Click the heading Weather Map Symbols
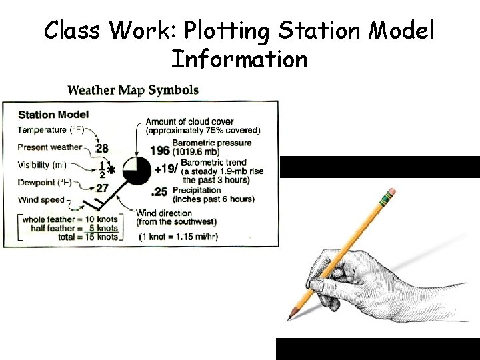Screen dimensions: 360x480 pos(133,90)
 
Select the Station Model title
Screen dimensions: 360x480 pos(53,115)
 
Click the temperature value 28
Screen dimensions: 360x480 pos(102,148)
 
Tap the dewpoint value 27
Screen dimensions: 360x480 pos(101,188)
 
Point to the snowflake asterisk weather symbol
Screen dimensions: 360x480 pos(111,171)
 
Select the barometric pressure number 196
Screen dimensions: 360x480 pos(159,151)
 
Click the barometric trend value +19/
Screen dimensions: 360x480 pos(167,169)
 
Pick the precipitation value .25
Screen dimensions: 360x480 pos(159,193)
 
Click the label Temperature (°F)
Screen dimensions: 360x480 pos(51,129)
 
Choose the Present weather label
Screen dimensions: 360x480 pos(49,147)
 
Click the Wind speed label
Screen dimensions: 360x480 pos(41,199)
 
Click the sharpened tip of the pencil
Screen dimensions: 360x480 pos(290,317)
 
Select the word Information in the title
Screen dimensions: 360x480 pos(239,59)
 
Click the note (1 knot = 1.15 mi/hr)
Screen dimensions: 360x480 pos(178,237)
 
